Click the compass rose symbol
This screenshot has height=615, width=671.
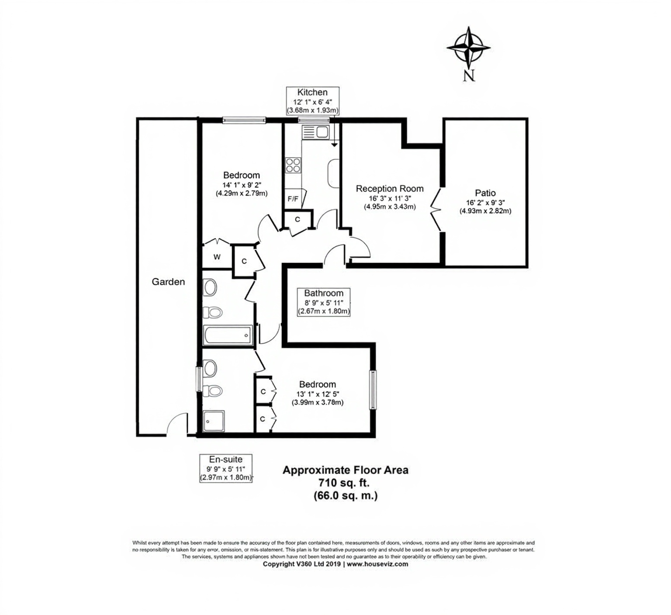click(x=468, y=48)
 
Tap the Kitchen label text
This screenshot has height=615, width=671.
click(x=312, y=92)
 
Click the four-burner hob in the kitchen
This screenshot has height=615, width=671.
click(x=293, y=165)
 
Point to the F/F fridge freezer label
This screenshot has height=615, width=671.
click(x=293, y=199)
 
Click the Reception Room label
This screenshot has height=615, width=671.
click(x=390, y=189)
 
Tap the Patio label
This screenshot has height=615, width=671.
click(x=485, y=193)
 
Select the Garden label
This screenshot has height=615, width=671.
click(x=168, y=282)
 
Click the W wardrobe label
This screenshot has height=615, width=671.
click(x=217, y=257)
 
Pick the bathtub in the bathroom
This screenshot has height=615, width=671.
click(x=228, y=335)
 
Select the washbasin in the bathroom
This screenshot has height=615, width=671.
click(x=210, y=288)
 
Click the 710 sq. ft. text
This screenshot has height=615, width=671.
click(x=345, y=483)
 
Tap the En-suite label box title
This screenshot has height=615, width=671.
click(x=225, y=460)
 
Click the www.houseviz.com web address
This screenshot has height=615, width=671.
click(x=377, y=564)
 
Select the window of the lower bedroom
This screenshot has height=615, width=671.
click(x=373, y=390)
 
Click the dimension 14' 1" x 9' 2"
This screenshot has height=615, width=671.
click(x=242, y=184)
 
